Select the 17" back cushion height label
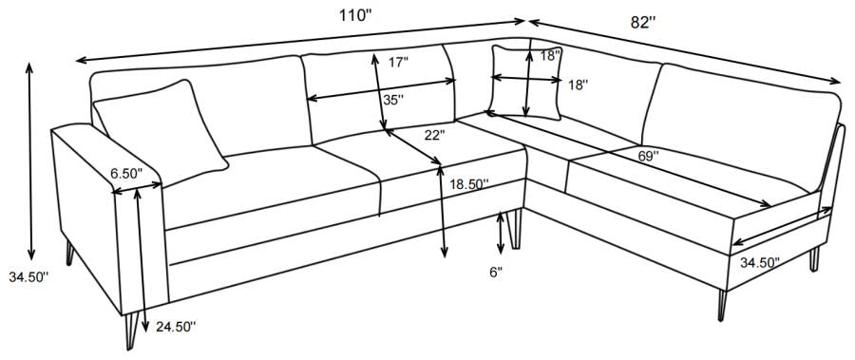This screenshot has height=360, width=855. (x=399, y=63)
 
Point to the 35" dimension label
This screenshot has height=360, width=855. (x=391, y=99)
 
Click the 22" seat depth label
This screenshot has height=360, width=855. (x=435, y=135)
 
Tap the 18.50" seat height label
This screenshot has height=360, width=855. (x=469, y=185)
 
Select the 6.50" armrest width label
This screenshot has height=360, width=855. (x=125, y=174)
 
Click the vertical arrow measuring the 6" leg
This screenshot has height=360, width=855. (x=502, y=230)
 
